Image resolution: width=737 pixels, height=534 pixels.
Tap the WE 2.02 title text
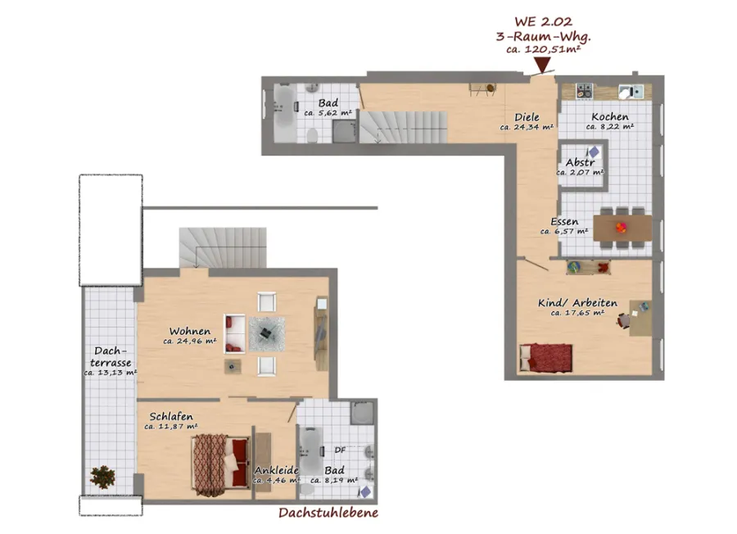[x=544, y=21]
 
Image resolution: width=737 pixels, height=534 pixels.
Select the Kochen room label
[x=610, y=116]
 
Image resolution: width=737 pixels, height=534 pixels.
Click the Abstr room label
[x=581, y=162]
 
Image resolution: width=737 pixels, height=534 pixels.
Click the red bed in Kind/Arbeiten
[x=545, y=358]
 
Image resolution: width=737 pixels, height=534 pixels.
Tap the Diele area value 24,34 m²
[x=527, y=127]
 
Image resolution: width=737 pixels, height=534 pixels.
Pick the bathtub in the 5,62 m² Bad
[x=284, y=112]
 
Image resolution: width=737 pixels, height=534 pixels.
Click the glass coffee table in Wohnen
[x=266, y=334]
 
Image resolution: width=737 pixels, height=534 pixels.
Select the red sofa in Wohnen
[x=234, y=334]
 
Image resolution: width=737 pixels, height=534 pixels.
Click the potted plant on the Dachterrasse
[x=102, y=477]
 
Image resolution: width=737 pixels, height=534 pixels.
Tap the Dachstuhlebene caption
[x=328, y=513]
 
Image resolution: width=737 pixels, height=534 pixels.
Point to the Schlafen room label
[x=171, y=417]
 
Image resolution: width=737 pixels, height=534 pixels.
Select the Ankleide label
[x=277, y=470]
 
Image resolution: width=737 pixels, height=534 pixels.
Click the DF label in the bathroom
[x=340, y=450]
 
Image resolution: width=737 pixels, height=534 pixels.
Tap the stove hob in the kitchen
[x=585, y=90]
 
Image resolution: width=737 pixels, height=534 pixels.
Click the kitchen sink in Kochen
[x=631, y=91]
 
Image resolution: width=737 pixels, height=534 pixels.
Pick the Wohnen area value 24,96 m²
[x=189, y=342]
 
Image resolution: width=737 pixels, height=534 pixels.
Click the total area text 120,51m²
[x=544, y=49]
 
